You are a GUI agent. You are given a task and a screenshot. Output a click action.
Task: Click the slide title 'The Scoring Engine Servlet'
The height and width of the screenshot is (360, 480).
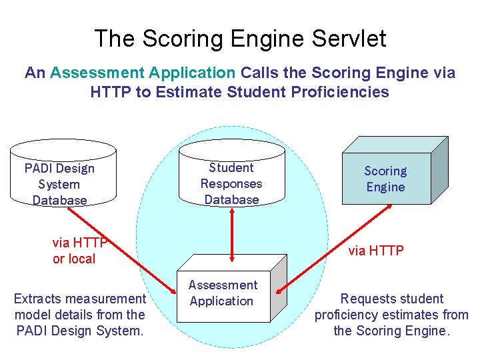240,38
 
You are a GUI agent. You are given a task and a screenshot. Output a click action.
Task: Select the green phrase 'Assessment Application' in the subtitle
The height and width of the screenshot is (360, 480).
143,73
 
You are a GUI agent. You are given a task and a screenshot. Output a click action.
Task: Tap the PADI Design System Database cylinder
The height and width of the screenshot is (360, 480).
59,177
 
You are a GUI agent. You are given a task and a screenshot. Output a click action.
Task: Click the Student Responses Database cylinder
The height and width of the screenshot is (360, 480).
231,177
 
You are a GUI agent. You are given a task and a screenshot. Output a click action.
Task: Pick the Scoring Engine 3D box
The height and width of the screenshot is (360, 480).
386,177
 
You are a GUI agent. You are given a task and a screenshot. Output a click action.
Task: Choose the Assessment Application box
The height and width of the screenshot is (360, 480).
227,296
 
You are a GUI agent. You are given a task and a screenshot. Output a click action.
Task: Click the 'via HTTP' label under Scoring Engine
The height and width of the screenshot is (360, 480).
376,251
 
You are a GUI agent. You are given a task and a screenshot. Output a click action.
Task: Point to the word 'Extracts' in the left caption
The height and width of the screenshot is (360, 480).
37,299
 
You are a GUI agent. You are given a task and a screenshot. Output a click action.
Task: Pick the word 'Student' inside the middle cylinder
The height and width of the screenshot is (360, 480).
231,168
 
